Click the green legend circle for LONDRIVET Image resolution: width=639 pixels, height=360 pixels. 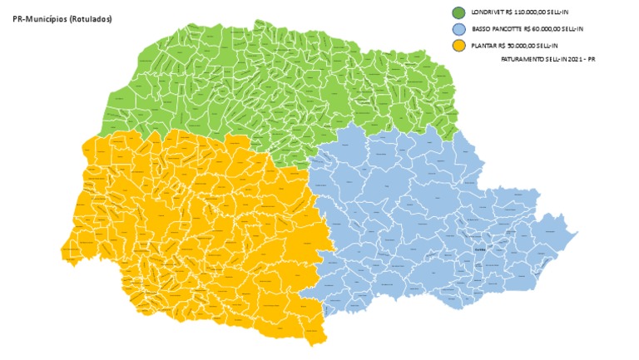pyautogui.click(x=458, y=13)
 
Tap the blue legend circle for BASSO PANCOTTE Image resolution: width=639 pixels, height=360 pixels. pyautogui.click(x=458, y=28)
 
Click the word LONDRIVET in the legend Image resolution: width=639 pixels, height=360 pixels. pyautogui.click(x=489, y=13)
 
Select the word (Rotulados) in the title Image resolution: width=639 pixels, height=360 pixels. pyautogui.click(x=92, y=18)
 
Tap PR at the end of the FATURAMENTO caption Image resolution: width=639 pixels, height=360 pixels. pyautogui.click(x=593, y=60)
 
